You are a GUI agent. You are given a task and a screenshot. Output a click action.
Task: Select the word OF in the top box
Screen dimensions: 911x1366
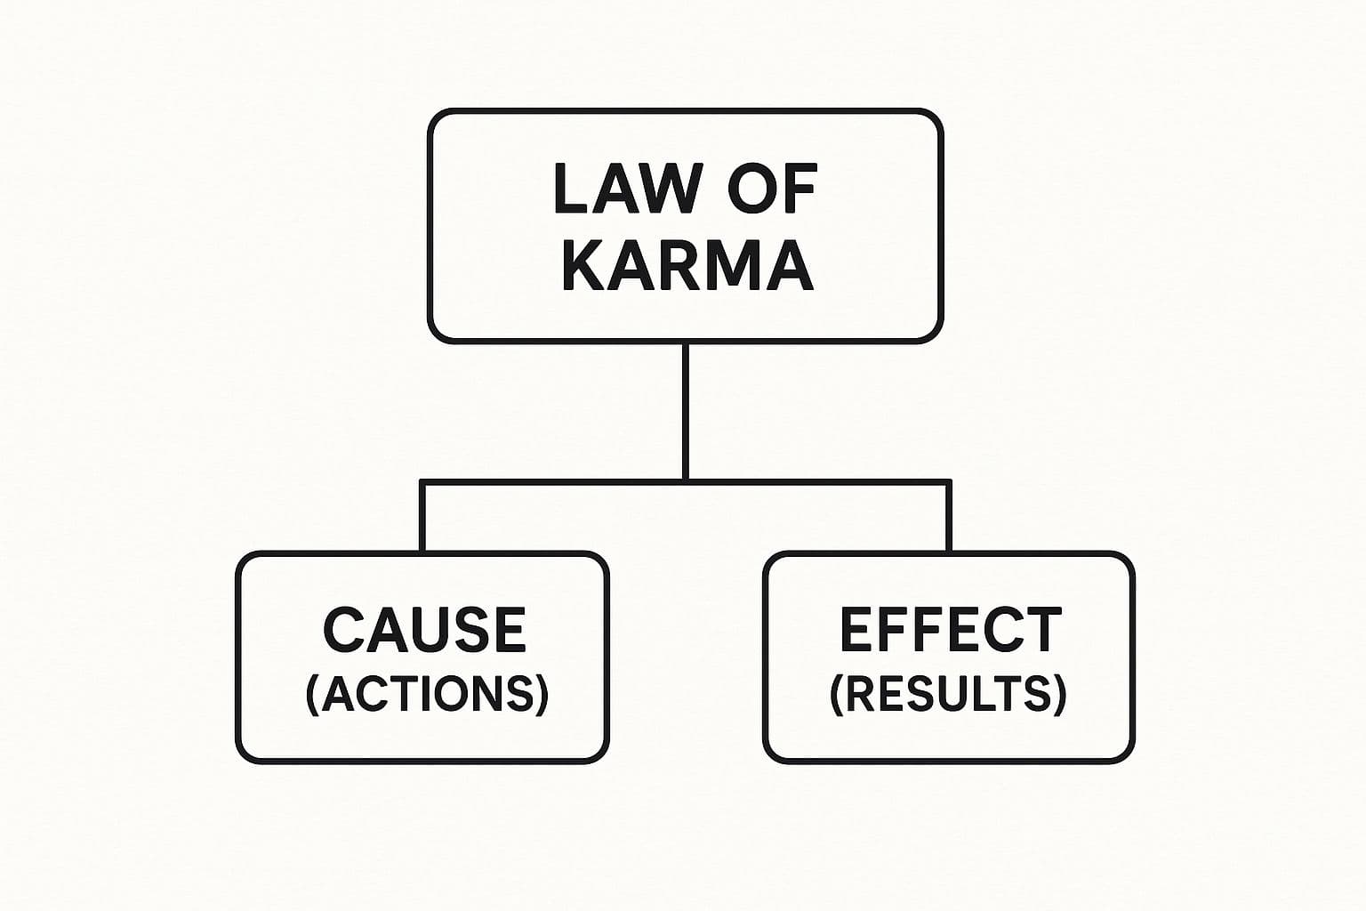(772, 189)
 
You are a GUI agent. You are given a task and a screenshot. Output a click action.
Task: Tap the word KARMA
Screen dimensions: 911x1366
(687, 266)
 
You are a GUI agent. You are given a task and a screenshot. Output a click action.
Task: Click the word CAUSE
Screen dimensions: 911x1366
(424, 629)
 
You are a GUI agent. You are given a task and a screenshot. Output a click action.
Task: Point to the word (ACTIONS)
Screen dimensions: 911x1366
(427, 694)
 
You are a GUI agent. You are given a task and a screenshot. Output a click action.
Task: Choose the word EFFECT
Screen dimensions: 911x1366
(951, 629)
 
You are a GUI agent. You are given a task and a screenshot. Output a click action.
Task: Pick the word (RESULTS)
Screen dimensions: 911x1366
(948, 694)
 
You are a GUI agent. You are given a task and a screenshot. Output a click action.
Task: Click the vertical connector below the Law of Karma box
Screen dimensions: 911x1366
(686, 409)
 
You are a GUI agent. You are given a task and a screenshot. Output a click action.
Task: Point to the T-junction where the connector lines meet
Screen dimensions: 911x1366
(686, 482)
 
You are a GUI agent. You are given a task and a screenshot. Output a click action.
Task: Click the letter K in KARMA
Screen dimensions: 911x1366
(583, 266)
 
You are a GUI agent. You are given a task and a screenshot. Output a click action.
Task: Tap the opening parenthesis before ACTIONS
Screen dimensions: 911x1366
(312, 694)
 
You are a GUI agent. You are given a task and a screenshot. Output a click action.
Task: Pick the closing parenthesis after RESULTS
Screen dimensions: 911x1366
(1058, 694)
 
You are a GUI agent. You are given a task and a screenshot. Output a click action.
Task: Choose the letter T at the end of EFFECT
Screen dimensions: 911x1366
(1042, 629)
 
